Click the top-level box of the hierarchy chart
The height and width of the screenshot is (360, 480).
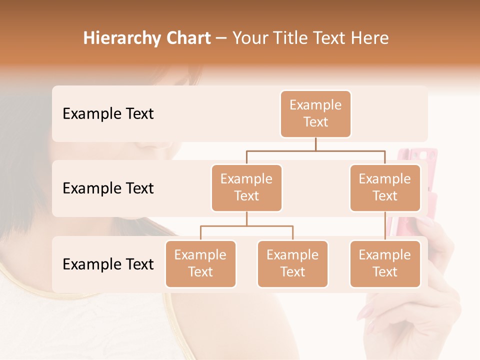(x=315, y=114)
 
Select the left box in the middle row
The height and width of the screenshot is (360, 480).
(x=246, y=188)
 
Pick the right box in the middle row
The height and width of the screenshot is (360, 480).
(x=385, y=188)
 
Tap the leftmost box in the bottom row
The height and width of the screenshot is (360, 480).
(x=200, y=264)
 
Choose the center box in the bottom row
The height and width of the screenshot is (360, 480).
(x=292, y=264)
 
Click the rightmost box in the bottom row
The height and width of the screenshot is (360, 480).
(x=385, y=264)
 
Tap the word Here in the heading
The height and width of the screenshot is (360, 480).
(x=369, y=38)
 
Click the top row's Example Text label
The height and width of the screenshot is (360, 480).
(x=108, y=114)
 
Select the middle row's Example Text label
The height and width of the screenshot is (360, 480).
(x=108, y=188)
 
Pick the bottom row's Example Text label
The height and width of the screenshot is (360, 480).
(x=108, y=264)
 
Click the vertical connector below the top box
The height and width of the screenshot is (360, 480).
(x=315, y=144)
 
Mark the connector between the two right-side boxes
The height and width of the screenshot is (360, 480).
(x=385, y=226)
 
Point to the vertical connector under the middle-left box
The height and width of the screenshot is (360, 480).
(x=246, y=218)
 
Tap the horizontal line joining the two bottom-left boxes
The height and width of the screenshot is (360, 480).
(x=246, y=226)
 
